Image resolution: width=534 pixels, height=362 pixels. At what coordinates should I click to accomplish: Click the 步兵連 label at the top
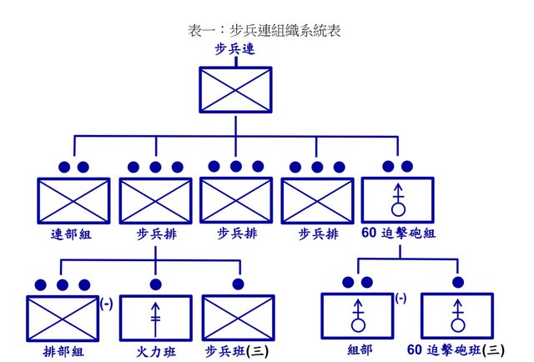tap(234, 50)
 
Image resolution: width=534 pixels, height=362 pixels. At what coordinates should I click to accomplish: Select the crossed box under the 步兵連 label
tap(235, 88)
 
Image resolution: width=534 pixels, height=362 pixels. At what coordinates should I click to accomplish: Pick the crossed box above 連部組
tap(73, 201)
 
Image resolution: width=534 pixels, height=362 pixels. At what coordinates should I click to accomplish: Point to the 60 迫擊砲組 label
tap(398, 235)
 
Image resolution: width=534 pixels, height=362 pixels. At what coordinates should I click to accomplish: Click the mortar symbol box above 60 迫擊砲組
tap(398, 201)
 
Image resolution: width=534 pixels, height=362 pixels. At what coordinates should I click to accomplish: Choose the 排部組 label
tap(62, 351)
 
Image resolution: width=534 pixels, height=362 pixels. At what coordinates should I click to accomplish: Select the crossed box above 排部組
tap(63, 318)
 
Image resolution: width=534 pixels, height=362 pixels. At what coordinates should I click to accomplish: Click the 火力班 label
tap(155, 351)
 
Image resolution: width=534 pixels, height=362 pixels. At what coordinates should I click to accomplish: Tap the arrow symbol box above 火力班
tap(155, 318)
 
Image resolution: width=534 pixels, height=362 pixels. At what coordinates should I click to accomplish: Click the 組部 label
tap(358, 351)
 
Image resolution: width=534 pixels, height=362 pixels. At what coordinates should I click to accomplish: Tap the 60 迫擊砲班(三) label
tap(457, 351)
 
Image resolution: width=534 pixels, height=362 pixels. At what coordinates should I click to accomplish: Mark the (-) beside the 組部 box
tap(402, 298)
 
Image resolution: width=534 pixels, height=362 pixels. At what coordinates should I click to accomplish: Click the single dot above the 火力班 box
tap(155, 284)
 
